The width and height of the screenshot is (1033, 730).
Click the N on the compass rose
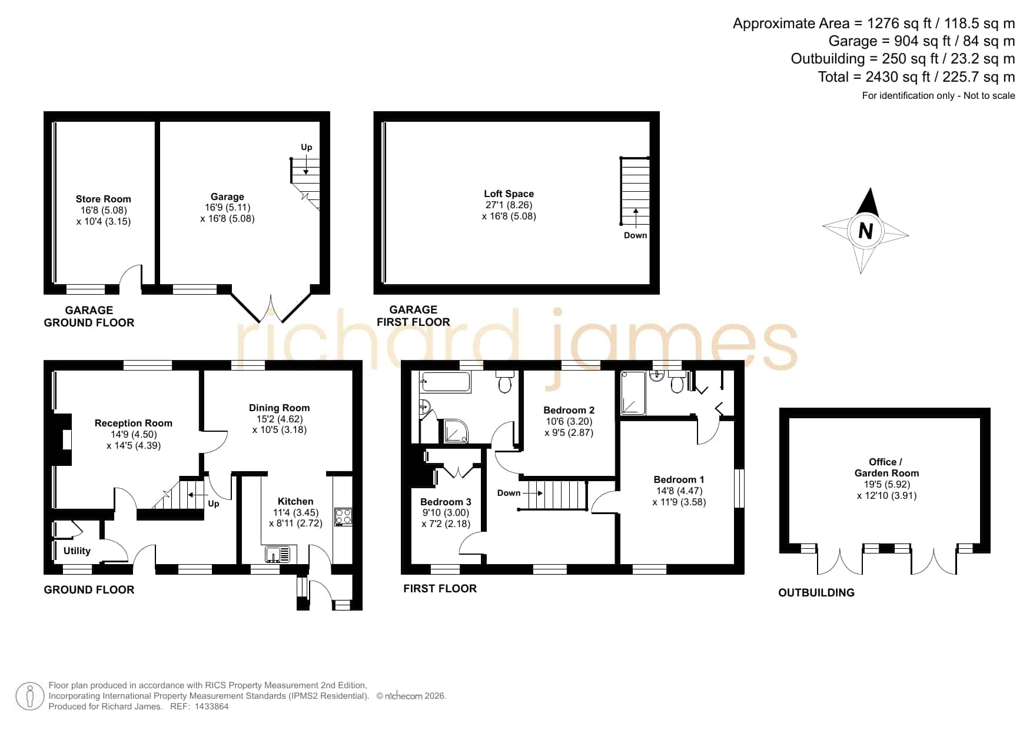click(865, 231)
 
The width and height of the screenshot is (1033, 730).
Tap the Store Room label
click(104, 199)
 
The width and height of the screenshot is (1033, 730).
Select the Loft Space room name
click(509, 194)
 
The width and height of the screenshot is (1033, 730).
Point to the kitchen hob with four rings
click(343, 516)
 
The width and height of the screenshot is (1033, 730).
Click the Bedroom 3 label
click(446, 502)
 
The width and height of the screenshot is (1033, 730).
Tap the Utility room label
click(77, 551)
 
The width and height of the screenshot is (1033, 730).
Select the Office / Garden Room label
click(886, 467)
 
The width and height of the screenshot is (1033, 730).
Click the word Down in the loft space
click(636, 235)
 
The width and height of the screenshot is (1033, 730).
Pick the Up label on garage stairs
click(307, 147)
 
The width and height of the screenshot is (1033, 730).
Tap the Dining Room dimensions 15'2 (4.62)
click(280, 419)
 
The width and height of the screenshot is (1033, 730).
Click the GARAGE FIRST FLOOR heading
click(413, 316)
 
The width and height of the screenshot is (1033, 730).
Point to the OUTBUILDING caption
click(816, 592)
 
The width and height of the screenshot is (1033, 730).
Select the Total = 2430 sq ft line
click(916, 77)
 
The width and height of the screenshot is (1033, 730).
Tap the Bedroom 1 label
click(679, 479)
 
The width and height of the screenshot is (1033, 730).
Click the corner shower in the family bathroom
click(457, 431)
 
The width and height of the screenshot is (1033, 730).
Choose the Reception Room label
click(134, 423)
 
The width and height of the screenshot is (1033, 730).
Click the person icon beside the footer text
click(29, 696)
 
